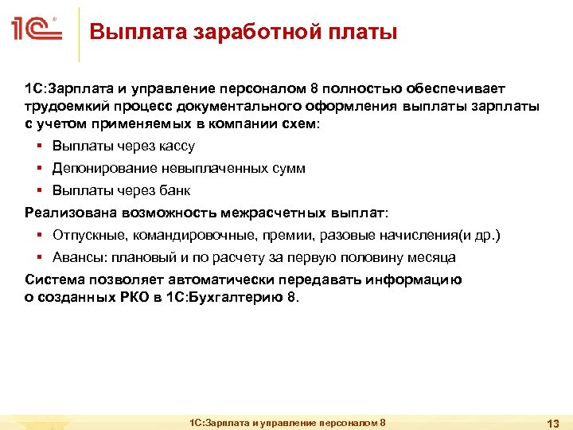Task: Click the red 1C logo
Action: pos(37,32)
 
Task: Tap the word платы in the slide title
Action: pos(362,33)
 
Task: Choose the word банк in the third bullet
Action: pos(175,191)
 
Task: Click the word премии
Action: pos(266,236)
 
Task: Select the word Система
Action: pos(53,280)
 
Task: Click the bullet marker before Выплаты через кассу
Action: pos(39,147)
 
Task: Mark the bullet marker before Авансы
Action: pos(39,258)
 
